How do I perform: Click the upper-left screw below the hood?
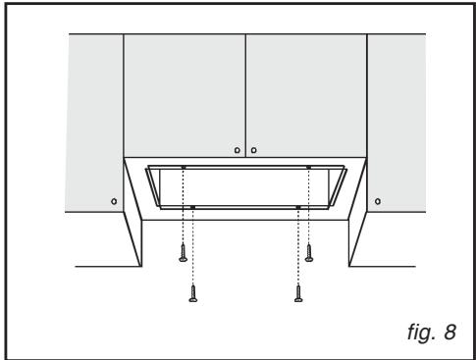183,254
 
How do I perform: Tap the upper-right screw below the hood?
309,254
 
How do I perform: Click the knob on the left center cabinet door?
237,150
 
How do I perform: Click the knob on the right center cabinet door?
254,150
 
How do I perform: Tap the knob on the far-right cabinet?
378,200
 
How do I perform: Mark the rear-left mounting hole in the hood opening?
183,169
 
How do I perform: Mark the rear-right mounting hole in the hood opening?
309,169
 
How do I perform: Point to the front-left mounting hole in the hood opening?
193,206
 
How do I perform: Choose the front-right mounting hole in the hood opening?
298,206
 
